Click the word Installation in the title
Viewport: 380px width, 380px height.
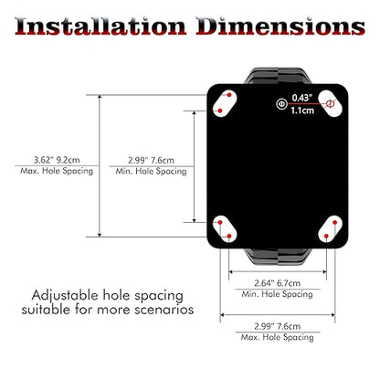coord(100,26)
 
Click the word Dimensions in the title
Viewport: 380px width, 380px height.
coord(280,26)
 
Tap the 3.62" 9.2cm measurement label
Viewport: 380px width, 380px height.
coord(57,160)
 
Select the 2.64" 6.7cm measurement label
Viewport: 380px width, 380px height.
coord(278,283)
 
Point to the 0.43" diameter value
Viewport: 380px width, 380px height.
coord(302,98)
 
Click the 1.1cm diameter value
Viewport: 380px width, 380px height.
coord(302,111)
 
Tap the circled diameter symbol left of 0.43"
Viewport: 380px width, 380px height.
coord(281,104)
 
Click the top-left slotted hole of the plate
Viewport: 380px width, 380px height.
coord(225,103)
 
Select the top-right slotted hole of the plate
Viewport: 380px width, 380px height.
coord(330,103)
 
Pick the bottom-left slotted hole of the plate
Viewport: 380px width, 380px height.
coord(225,229)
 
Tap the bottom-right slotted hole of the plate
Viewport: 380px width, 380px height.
coord(330,229)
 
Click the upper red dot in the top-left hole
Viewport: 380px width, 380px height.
coord(229,95)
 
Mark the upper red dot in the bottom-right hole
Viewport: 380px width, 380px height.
coord(335,223)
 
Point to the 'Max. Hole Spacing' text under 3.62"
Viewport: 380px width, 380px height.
coord(57,171)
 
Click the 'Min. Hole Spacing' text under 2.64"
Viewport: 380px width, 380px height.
coord(278,294)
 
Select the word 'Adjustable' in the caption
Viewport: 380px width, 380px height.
coord(65,296)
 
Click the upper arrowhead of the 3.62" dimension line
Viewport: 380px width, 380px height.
coord(100,98)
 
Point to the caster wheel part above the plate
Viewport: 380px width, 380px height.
coord(278,76)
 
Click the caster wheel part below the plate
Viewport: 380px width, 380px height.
coord(278,257)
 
